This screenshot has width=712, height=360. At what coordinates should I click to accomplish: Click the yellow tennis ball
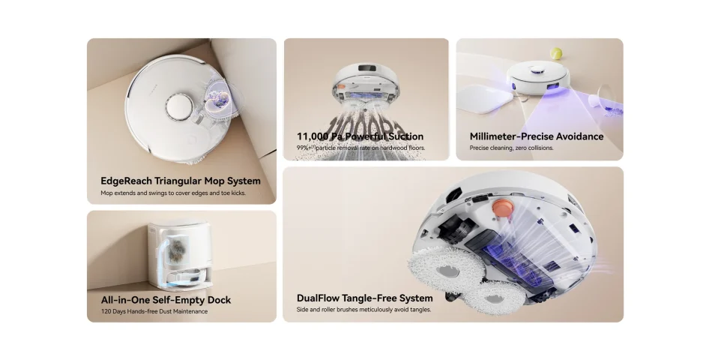tap(556, 54)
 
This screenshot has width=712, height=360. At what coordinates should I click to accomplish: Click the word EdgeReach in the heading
tap(126, 181)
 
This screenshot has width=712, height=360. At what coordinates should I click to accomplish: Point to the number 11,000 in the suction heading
tap(313, 136)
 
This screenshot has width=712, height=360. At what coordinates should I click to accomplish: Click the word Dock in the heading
tap(219, 300)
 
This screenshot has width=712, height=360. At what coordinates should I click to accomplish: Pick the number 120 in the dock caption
tap(106, 311)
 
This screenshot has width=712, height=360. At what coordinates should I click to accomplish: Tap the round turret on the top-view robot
tap(180, 107)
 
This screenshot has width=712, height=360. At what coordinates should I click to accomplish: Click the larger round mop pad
tap(447, 271)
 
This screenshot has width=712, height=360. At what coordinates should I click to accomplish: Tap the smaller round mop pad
tap(495, 298)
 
